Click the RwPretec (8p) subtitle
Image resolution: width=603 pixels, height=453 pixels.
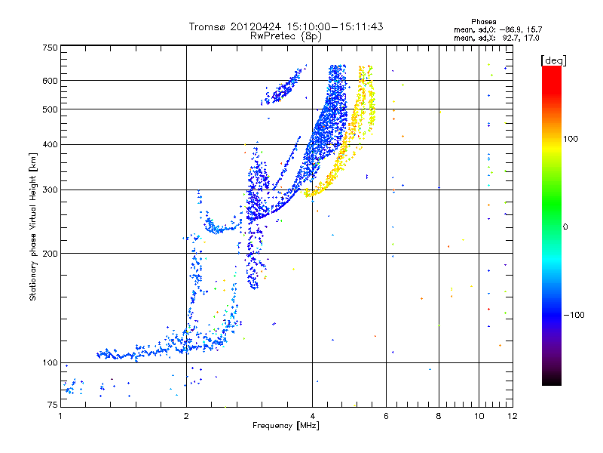pos(286,35)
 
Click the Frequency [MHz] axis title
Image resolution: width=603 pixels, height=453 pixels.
pos(286,426)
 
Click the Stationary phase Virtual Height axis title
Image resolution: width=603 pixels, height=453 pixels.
pos(33,227)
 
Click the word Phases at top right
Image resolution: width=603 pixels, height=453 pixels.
pos(483,22)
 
